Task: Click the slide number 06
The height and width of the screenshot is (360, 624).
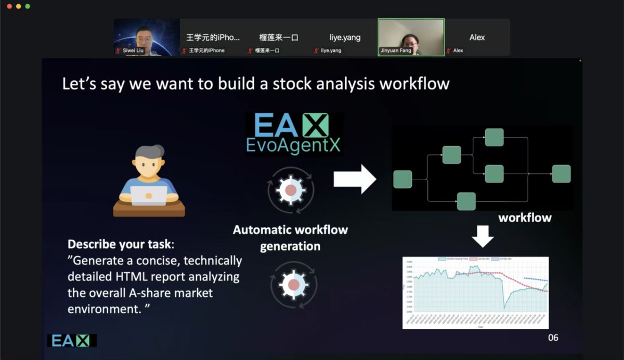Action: coord(553,338)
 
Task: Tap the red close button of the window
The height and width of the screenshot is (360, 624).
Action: coord(9,6)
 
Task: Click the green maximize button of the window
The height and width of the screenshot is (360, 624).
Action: coord(28,6)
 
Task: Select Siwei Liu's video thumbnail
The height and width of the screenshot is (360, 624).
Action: coord(147,37)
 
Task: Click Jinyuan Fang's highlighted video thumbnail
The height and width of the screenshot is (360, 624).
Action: coord(411,37)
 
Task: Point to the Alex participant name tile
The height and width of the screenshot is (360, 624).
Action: coord(477,37)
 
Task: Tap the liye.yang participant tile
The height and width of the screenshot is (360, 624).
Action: coord(345,37)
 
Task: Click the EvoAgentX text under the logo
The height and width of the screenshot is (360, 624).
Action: coord(293,145)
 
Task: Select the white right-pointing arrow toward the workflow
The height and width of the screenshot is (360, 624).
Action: coord(355,179)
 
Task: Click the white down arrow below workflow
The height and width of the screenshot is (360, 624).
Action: coord(483,236)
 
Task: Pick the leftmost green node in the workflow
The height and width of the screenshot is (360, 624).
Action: coord(402,179)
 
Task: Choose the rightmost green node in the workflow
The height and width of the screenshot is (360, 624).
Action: coord(561,174)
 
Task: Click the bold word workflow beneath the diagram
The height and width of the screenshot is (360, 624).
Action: coord(525,217)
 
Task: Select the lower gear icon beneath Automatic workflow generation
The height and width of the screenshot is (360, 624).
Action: coord(293,284)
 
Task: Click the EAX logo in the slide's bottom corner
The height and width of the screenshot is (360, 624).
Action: coord(72,340)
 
